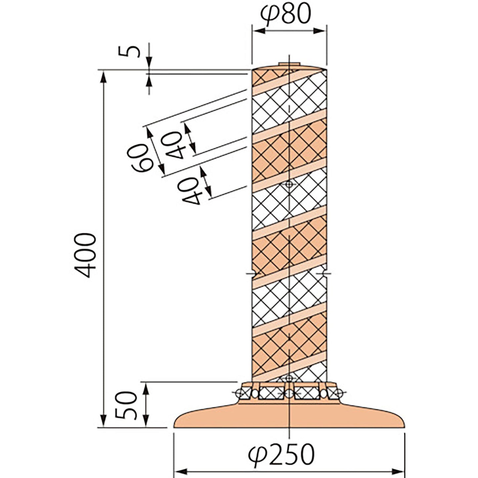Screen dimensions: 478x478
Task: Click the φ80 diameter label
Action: pos(285,14)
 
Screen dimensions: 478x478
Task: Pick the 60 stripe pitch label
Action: pos(140,158)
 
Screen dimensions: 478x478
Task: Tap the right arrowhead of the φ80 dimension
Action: pos(319,31)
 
